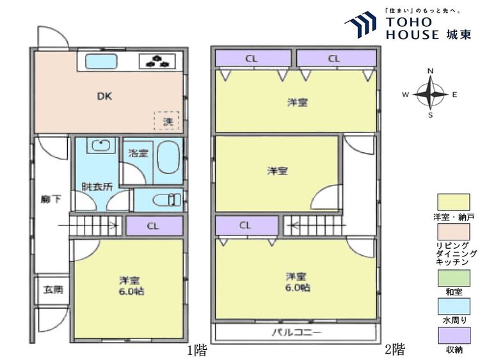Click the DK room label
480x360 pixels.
[x=104, y=97]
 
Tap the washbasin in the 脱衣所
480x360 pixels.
[x=99, y=146]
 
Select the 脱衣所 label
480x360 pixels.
[x=97, y=187]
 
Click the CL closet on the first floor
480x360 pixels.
[x=154, y=225]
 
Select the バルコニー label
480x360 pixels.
[x=296, y=333]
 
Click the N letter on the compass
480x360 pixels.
[x=431, y=71]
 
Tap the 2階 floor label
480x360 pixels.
[x=395, y=350]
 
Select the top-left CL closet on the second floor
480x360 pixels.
[x=252, y=58]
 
